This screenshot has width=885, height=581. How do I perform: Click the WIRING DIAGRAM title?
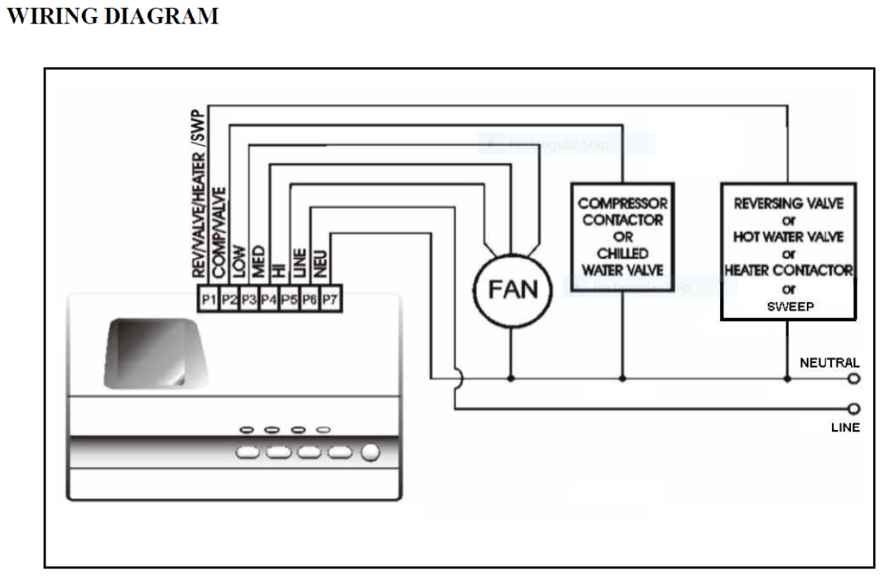113,16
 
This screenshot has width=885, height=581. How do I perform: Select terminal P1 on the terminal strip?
208,300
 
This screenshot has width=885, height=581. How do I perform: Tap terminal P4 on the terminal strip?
269,300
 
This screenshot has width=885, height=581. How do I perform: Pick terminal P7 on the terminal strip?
331,300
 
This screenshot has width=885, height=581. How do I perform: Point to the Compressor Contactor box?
622,236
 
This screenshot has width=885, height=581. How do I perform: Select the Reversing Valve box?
788,251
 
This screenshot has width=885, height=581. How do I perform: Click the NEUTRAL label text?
829,362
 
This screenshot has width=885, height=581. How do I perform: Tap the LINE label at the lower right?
845,427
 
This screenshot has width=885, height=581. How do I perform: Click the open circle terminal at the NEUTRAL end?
854,379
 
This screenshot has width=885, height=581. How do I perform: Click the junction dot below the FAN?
511,379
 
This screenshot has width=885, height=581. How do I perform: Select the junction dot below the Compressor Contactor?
622,379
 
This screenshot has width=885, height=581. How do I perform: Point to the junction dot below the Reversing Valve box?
787,379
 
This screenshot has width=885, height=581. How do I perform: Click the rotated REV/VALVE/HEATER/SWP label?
198,195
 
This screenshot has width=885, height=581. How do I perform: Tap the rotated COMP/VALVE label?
219,232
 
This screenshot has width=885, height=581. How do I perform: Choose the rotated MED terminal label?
258,261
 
